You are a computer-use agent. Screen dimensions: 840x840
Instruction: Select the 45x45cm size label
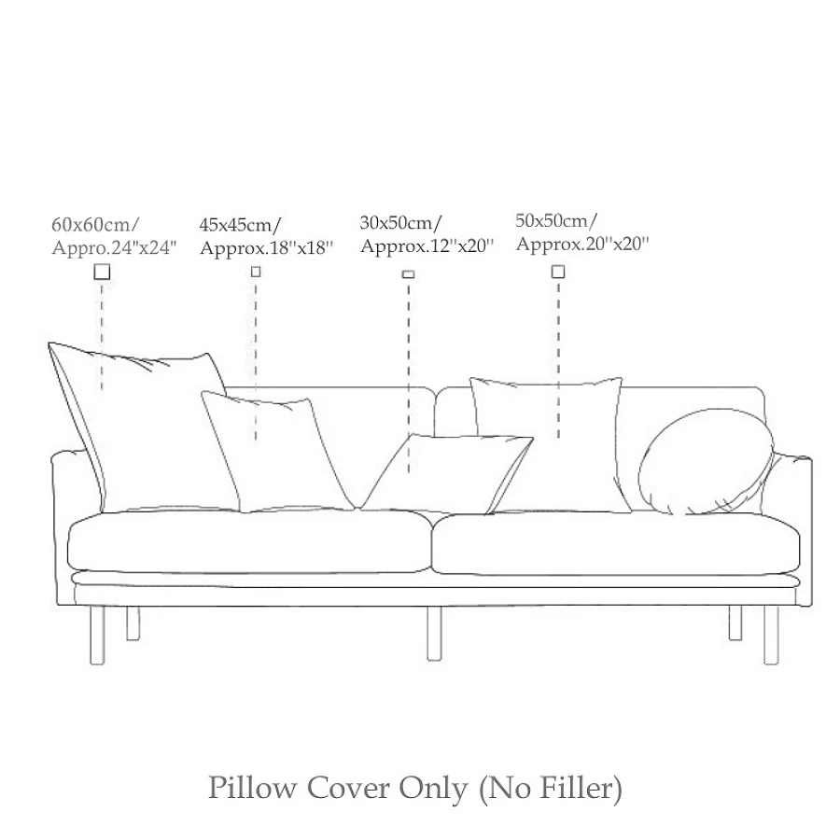[241, 224]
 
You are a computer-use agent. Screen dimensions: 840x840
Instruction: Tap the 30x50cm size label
[401, 222]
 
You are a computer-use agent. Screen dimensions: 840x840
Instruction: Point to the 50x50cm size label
[557, 220]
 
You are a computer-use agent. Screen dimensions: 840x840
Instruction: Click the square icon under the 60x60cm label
[102, 272]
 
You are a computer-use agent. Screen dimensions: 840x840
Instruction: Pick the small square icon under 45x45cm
[256, 272]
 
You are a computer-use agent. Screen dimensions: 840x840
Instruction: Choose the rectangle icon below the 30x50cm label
[408, 274]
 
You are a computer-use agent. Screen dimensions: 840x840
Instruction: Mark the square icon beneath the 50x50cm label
[558, 272]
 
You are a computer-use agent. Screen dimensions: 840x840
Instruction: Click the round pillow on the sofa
[707, 464]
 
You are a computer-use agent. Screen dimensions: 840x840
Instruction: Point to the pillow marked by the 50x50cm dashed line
[551, 443]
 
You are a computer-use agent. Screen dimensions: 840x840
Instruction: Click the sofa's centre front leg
[434, 633]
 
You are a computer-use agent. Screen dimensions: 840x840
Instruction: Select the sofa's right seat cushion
[611, 543]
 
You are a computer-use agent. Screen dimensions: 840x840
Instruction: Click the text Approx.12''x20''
[427, 246]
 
